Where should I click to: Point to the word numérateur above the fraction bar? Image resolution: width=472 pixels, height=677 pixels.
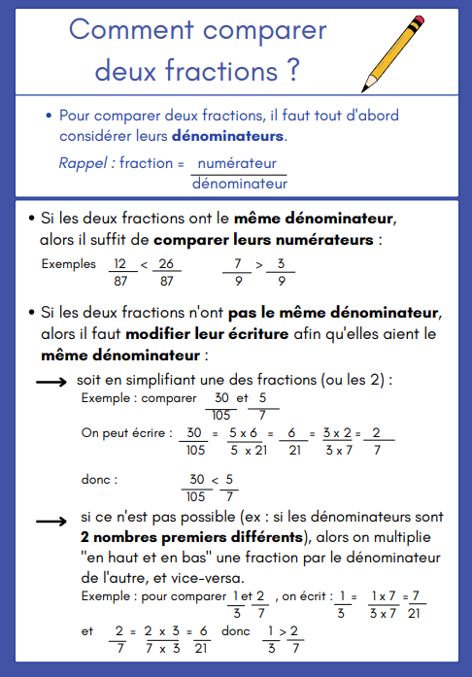(237, 162)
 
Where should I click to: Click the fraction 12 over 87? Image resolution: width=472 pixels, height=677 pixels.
(119, 271)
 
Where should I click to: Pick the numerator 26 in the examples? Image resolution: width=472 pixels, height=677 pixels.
(166, 263)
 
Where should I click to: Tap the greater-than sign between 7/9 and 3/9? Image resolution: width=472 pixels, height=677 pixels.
(259, 263)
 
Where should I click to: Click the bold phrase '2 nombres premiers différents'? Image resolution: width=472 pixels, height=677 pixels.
(191, 537)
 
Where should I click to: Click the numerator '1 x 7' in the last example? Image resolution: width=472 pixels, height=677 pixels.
(383, 594)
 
